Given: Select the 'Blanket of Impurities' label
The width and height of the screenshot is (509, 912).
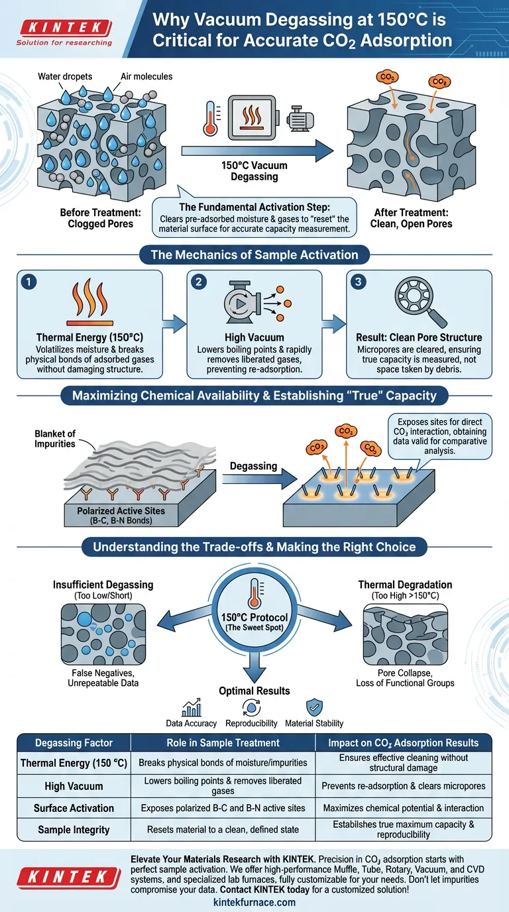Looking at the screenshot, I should tap(55, 439).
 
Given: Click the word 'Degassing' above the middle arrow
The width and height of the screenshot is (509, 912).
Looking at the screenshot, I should tap(254, 466).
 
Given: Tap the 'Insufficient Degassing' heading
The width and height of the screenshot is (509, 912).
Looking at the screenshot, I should tap(103, 585).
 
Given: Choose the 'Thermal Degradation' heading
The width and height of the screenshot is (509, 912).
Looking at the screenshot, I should tap(405, 585).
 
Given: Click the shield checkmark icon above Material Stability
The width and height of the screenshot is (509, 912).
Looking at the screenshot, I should tap(313, 707).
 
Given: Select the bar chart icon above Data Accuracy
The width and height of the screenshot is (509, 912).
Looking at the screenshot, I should tap(191, 707).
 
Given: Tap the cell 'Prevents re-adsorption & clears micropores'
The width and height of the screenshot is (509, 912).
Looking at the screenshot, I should tap(403, 786).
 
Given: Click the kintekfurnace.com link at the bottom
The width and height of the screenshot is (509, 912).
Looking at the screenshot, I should tap(254, 902).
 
